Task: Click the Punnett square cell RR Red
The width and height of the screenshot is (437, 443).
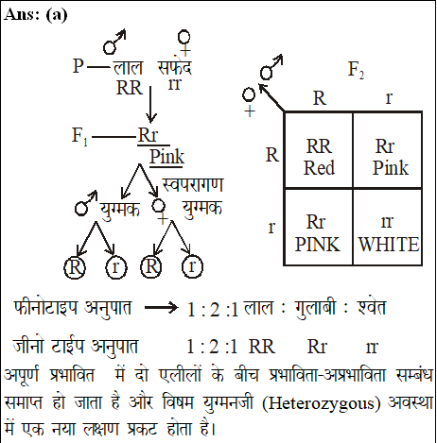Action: click(x=319, y=150)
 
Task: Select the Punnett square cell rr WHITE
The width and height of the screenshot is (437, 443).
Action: click(x=388, y=227)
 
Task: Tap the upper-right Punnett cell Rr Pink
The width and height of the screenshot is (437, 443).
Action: click(x=388, y=150)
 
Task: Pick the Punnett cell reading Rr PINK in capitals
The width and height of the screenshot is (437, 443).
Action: click(x=319, y=227)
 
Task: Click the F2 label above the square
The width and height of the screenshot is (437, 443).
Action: click(x=356, y=70)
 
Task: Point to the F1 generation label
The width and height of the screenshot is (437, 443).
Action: click(x=79, y=136)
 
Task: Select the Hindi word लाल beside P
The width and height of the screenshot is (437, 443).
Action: click(x=128, y=68)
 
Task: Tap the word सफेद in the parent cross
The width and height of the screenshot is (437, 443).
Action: click(x=174, y=67)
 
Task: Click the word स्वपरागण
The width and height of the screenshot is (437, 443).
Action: click(x=193, y=184)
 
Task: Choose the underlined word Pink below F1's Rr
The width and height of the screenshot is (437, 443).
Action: click(x=166, y=157)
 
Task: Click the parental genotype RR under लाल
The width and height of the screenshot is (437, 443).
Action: click(x=130, y=88)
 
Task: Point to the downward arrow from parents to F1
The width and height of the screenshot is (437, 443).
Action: click(x=150, y=104)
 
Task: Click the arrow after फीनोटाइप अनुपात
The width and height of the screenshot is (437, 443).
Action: click(x=161, y=308)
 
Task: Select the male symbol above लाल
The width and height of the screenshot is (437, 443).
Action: click(x=114, y=42)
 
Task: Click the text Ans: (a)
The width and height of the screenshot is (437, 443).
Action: click(x=36, y=15)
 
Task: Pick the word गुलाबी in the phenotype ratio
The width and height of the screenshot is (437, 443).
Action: click(x=315, y=308)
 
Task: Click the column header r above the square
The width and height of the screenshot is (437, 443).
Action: click(x=389, y=98)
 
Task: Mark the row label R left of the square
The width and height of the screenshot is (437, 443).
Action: click(x=272, y=155)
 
